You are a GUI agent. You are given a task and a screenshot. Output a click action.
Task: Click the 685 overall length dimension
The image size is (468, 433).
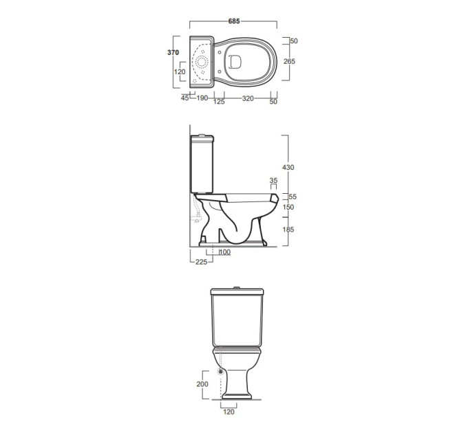tap(234, 21)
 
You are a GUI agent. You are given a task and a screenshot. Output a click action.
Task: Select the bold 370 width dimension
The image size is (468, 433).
tap(173, 52)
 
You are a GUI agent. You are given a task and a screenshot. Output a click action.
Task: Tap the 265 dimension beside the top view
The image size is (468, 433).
tap(289, 61)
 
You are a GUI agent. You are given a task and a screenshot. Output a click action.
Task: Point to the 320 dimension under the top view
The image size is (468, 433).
tap(248, 98)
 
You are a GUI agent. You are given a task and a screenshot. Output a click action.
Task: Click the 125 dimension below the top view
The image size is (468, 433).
tap(219, 102)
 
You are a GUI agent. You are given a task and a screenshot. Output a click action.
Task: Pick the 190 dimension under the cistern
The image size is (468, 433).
tap(202, 98)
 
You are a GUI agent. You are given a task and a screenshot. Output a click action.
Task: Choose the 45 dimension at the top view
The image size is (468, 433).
tap(184, 98)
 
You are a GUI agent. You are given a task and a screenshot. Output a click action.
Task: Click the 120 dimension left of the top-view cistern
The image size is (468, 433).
tap(180, 71)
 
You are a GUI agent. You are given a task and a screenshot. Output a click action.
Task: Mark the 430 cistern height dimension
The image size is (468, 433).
tap(288, 168)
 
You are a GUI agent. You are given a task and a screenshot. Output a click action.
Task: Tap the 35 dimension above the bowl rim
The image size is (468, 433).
tap(273, 180)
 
